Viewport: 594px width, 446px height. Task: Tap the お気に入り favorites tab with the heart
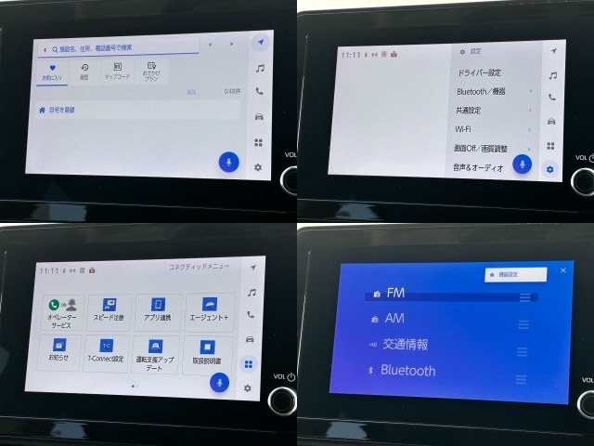pos(53,72)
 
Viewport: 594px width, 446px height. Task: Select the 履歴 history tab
pos(84,72)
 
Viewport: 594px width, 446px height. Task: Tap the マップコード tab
pos(117,72)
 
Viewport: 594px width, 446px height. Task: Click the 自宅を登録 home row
pos(130,110)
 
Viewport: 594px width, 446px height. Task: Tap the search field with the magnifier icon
pos(121,47)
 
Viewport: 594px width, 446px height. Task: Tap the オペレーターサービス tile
pos(63,313)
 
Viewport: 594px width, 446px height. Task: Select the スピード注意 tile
pos(110,313)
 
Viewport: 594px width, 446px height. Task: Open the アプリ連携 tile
pos(158,313)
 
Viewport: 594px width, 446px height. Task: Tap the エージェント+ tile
pos(209,313)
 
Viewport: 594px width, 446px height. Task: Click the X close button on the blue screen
pos(563,270)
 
